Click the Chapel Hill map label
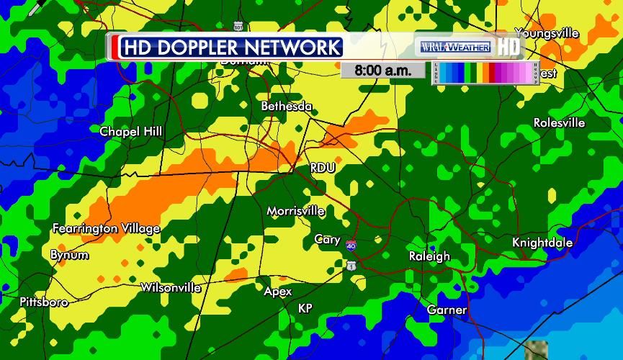pos(131,132)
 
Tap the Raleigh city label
pos(429,256)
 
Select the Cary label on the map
pos(328,240)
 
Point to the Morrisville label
pos(295,212)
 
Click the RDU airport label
pos(323,168)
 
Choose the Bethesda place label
pos(287,107)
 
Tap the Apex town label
pos(278,292)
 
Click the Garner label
pos(447,310)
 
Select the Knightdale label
pos(542,243)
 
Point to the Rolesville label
pos(559,123)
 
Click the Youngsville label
pos(547,33)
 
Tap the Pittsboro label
pos(44,302)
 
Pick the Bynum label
pos(70,255)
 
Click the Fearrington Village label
pos(107,229)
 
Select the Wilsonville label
pos(171,288)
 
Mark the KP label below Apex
pos(305,308)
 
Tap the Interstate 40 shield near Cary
pos(350,246)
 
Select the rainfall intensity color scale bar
pos(485,73)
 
